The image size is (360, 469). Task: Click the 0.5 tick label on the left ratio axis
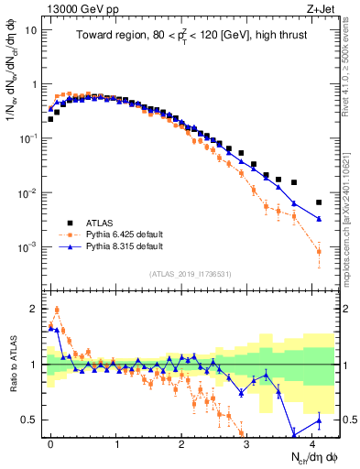tap(29, 420)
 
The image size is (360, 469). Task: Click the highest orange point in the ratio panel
tap(57, 310)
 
